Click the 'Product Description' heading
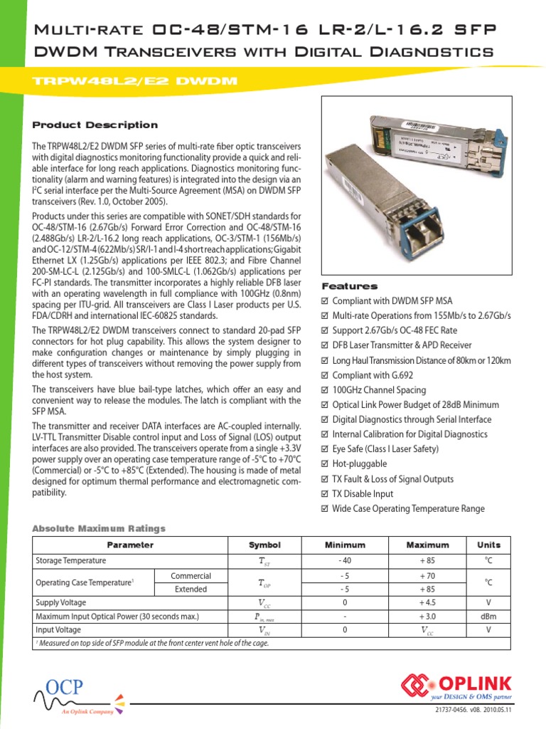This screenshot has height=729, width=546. [95, 125]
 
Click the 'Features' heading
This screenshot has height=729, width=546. [349, 286]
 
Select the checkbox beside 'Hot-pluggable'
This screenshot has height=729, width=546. [326, 464]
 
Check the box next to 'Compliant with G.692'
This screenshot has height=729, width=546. [326, 375]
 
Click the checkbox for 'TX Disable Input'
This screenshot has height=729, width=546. [326, 494]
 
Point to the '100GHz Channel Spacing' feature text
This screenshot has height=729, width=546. [379, 390]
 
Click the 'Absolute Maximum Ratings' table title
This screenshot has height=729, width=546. [99, 528]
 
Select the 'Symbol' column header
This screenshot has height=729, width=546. [264, 545]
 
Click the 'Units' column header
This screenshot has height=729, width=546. [488, 545]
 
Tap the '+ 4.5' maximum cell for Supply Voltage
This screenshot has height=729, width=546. [427, 603]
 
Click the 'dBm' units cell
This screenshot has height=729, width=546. [488, 617]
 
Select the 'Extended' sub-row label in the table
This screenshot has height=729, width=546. [191, 589]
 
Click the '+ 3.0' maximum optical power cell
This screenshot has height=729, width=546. [427, 617]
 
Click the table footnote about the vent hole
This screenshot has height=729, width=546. [153, 644]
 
